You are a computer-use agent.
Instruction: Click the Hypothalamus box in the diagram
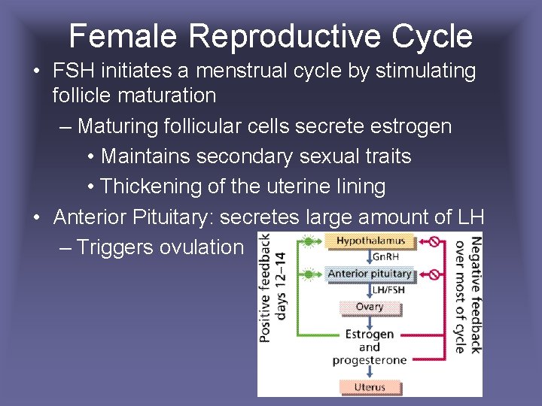pyautogui.click(x=370, y=241)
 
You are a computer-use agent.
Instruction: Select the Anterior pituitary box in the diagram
pyautogui.click(x=370, y=274)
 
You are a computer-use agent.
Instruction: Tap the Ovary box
pyautogui.click(x=370, y=307)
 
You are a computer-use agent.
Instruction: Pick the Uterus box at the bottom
pyautogui.click(x=370, y=387)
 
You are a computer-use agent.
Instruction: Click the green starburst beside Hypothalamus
pyautogui.click(x=307, y=241)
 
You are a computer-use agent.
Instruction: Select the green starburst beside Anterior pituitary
pyautogui.click(x=307, y=274)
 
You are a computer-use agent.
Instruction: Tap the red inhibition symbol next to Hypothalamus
pyautogui.click(x=434, y=241)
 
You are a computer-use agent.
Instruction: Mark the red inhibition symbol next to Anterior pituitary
pyautogui.click(x=434, y=274)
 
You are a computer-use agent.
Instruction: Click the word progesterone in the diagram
pyautogui.click(x=370, y=360)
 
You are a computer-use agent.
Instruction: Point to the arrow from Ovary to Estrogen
pyautogui.click(x=370, y=320)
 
